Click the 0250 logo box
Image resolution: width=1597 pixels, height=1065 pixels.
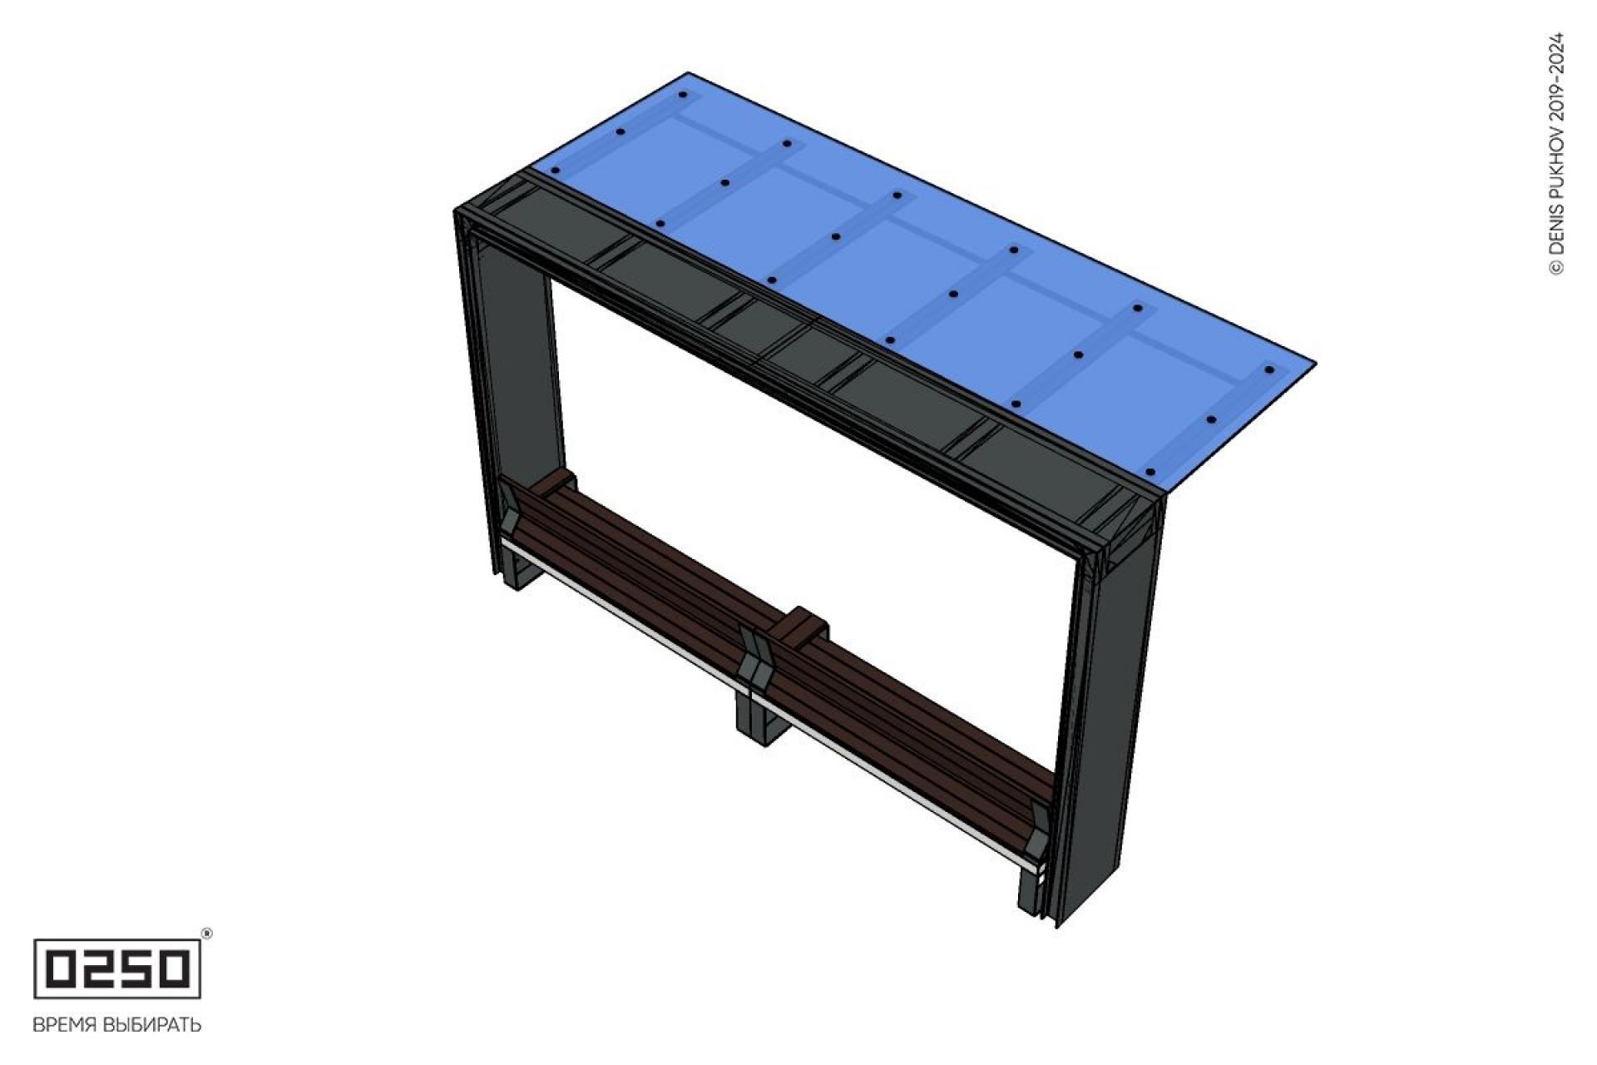pos(117,968)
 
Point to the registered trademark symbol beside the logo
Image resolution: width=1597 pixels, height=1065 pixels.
pos(207,934)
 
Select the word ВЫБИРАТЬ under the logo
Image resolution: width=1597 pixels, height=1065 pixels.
pos(151,1024)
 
